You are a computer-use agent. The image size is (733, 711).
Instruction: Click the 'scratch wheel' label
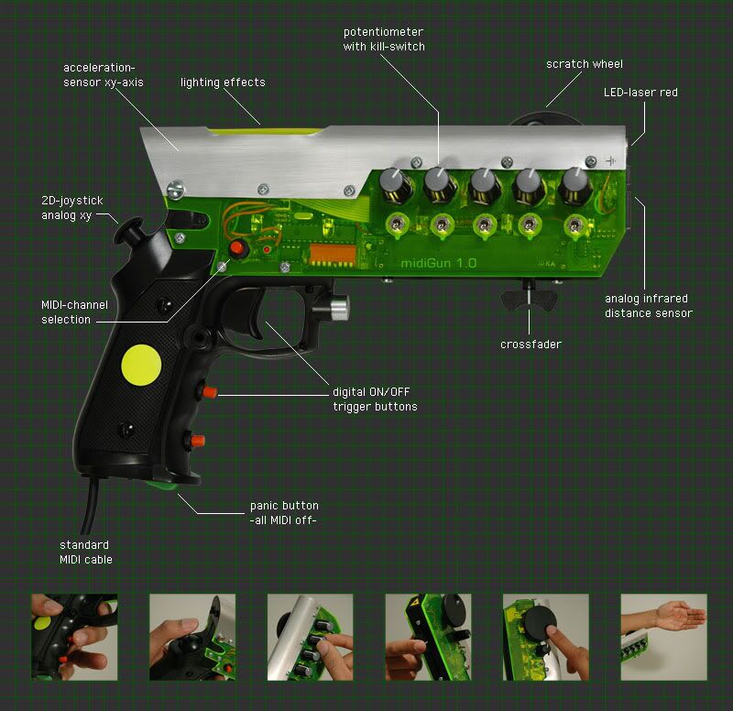[x=584, y=64]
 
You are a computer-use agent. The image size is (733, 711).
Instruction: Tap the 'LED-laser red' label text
[x=640, y=93]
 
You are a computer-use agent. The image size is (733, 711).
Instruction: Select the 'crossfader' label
[x=530, y=345]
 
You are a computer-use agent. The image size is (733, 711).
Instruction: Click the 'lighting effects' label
[x=223, y=82]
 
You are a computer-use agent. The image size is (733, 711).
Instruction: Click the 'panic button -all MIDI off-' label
[x=284, y=512]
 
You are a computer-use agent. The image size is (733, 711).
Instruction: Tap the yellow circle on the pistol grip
[x=141, y=365]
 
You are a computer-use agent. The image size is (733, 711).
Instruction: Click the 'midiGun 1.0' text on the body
[x=440, y=261]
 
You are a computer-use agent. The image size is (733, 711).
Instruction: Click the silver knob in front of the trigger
[x=338, y=308]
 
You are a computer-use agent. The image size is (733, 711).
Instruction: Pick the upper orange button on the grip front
[x=209, y=392]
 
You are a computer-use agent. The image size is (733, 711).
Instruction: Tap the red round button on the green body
[x=238, y=248]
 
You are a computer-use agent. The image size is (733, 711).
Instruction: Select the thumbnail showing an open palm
[x=663, y=637]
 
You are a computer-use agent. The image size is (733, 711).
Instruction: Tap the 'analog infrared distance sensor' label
[x=648, y=306]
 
